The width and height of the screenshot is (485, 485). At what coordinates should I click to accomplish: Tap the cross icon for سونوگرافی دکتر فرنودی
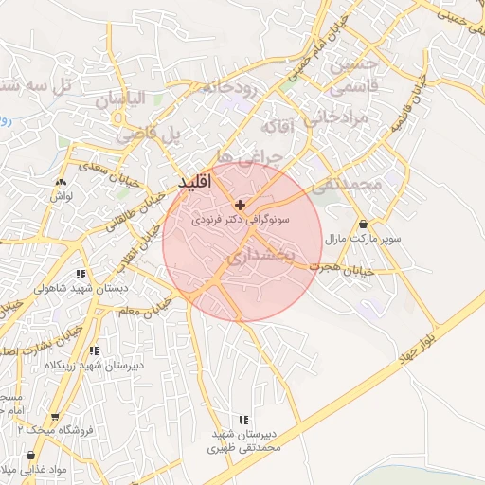click(x=240, y=205)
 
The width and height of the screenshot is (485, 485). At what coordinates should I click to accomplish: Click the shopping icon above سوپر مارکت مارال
click(x=365, y=225)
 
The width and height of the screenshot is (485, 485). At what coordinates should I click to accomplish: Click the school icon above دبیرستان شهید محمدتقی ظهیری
click(x=244, y=419)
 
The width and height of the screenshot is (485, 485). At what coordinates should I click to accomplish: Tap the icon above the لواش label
click(x=63, y=180)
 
